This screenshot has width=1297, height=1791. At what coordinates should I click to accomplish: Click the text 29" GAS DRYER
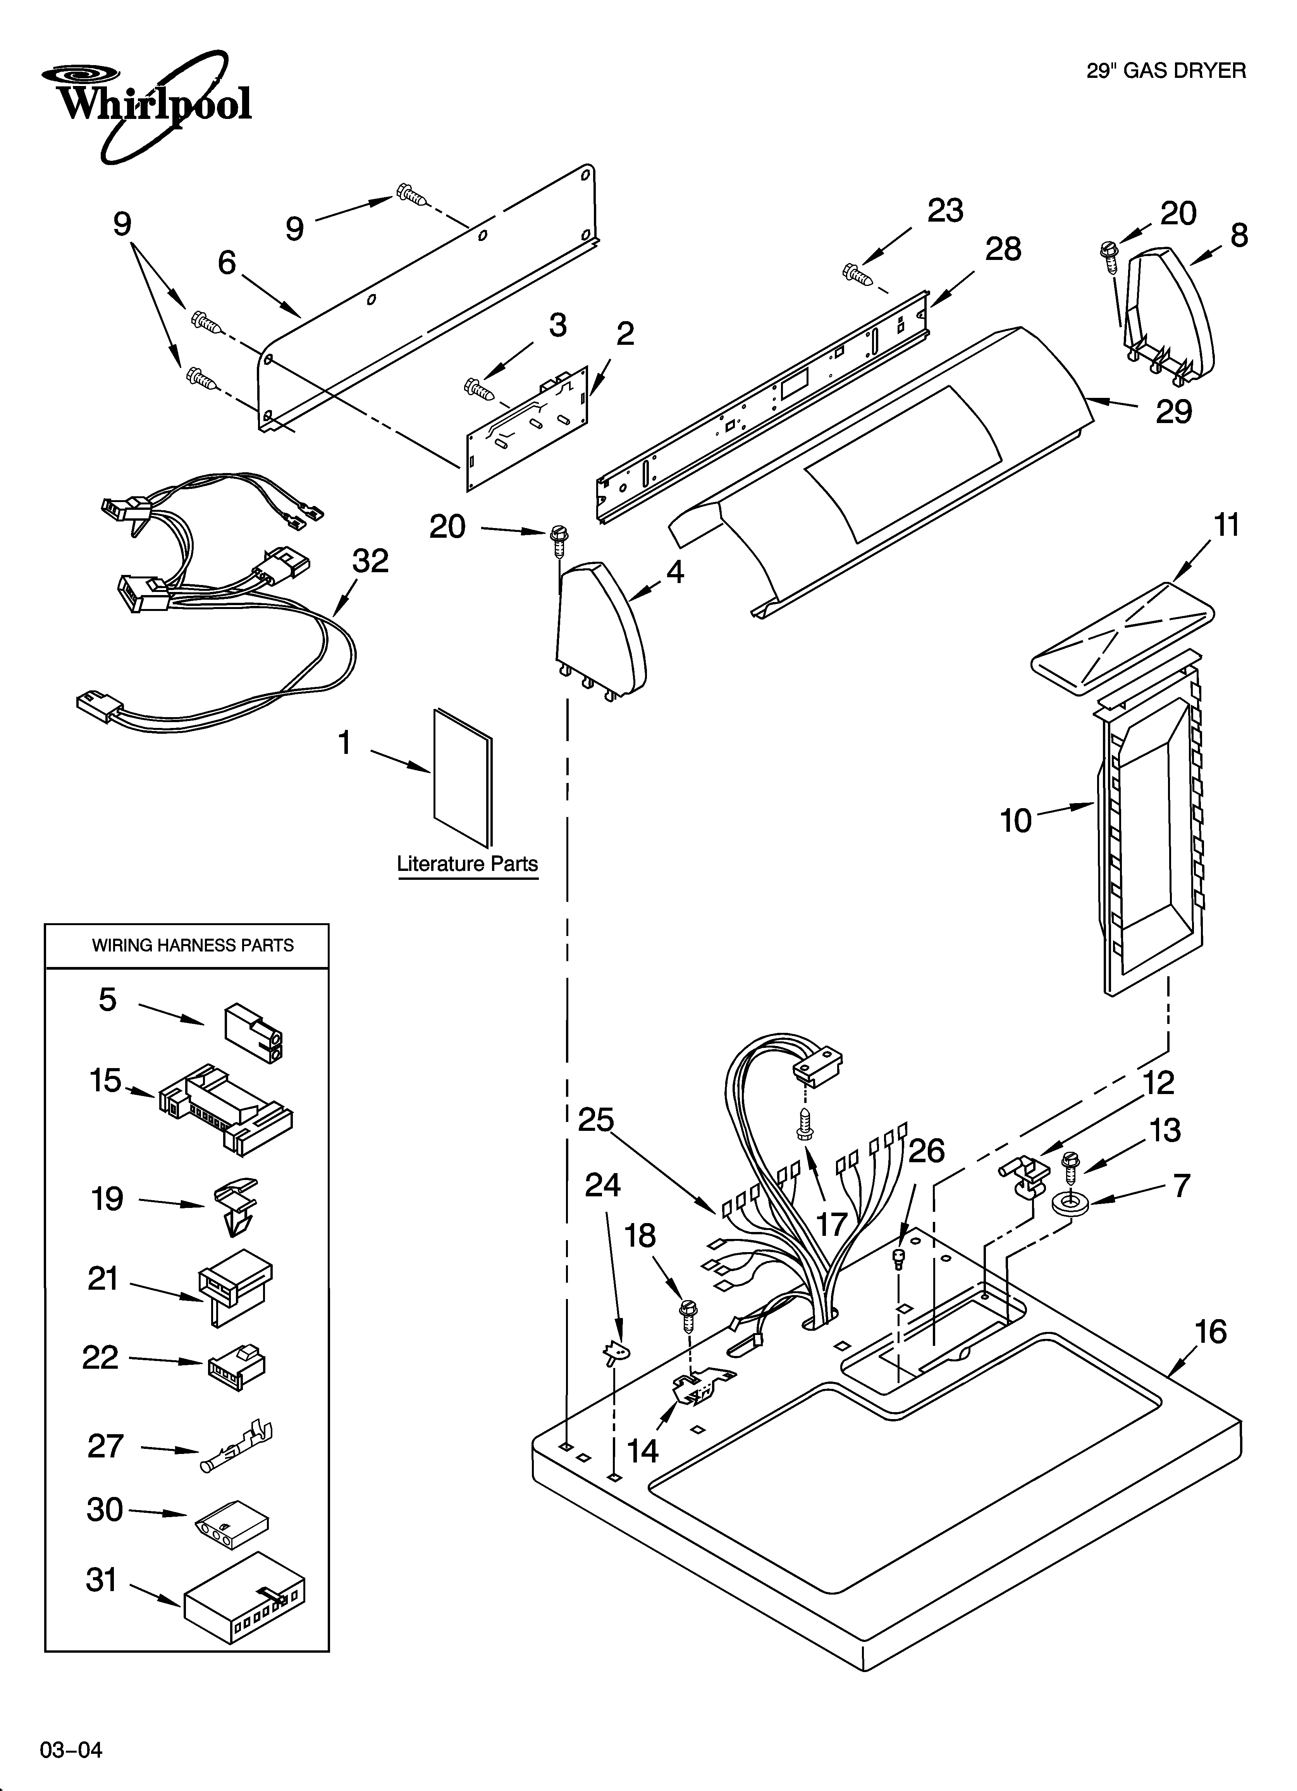point(1166,71)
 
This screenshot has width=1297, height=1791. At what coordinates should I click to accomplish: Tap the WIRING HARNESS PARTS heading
point(193,945)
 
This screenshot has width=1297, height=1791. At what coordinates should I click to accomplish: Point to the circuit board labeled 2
point(528,429)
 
